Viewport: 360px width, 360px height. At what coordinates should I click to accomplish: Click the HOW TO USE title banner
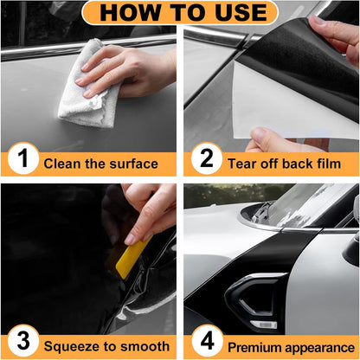click(x=180, y=12)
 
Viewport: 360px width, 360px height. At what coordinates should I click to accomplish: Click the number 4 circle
click(x=206, y=345)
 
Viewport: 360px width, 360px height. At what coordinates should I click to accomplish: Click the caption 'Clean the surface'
click(x=100, y=163)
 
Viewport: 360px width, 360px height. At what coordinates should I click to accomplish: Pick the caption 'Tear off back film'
click(x=282, y=163)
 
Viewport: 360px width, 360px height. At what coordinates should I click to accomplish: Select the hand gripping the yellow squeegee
click(x=154, y=212)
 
